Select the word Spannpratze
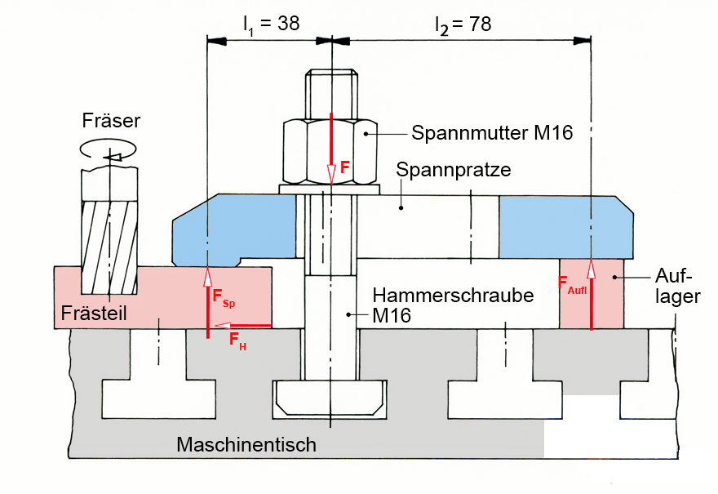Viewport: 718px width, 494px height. click(x=454, y=171)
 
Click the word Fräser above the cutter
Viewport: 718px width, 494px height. click(x=112, y=121)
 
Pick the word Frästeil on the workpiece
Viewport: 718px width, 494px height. click(x=94, y=314)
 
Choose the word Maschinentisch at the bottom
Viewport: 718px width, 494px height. click(x=246, y=445)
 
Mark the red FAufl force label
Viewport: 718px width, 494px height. click(x=572, y=285)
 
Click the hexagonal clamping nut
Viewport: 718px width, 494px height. click(x=331, y=152)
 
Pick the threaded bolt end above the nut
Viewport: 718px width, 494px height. click(x=331, y=94)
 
